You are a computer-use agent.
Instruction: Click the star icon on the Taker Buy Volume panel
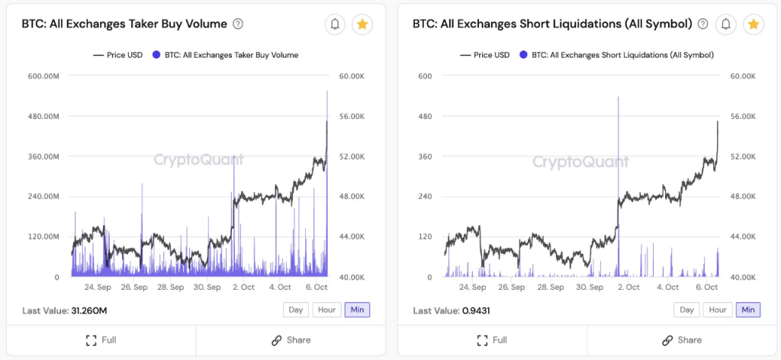pos(362,24)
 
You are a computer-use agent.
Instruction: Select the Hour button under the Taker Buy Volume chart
pos(326,310)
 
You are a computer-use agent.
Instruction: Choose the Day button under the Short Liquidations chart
pos(686,310)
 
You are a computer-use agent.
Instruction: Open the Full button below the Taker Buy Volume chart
pos(101,340)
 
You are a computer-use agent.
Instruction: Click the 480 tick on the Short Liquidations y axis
pos(426,117)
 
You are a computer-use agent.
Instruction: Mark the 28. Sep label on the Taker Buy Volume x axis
pos(171,288)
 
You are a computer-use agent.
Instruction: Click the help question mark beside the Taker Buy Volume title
pos(238,24)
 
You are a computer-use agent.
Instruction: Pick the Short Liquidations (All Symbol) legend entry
pos(622,55)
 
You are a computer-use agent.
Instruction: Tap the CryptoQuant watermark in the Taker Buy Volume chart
pos(198,160)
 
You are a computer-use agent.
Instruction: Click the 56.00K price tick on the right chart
pos(742,117)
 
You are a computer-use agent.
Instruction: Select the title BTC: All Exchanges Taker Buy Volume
pos(124,24)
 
